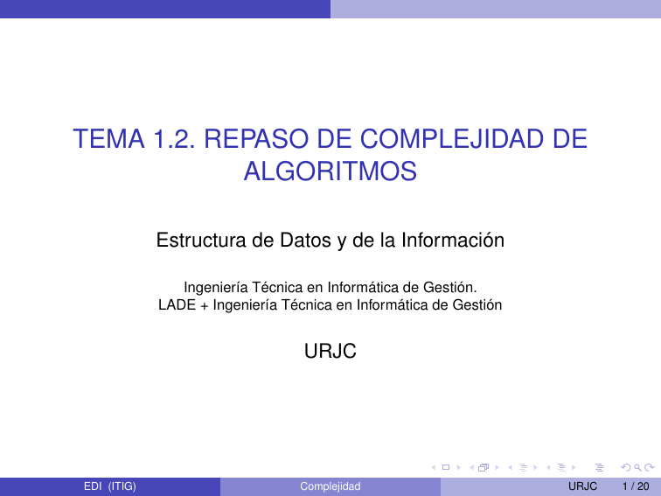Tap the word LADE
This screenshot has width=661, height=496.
click(175, 305)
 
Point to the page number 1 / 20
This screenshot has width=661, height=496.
click(634, 486)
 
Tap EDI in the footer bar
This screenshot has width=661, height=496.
click(93, 486)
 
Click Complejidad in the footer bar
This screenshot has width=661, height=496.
click(330, 486)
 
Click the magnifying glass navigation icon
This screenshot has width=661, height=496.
click(623, 468)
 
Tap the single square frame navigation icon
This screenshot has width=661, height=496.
click(446, 468)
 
